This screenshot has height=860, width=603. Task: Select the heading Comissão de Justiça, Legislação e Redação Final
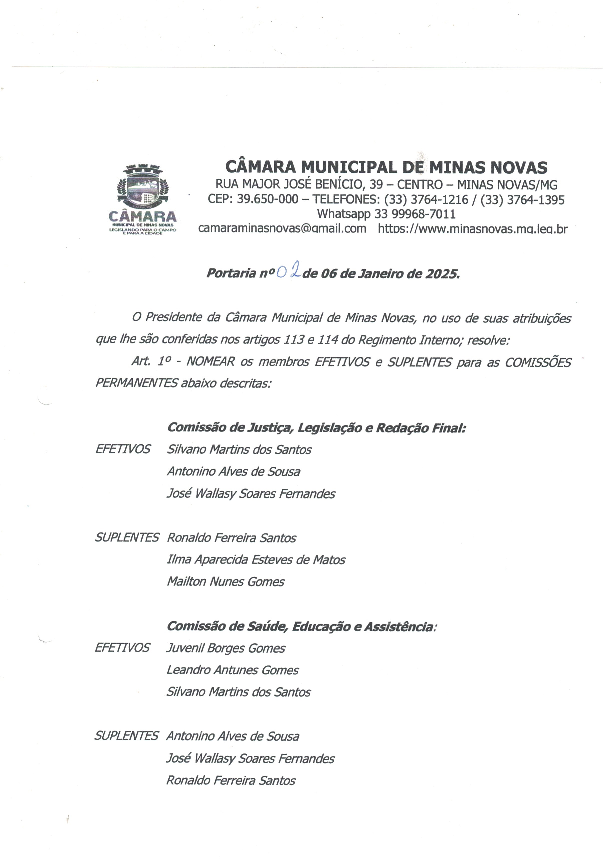[316, 427]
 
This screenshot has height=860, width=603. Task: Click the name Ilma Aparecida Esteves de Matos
[256, 559]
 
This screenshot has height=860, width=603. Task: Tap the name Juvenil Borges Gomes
[225, 648]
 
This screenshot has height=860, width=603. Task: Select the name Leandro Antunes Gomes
[232, 670]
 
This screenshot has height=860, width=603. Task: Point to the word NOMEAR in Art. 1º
[210, 362]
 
